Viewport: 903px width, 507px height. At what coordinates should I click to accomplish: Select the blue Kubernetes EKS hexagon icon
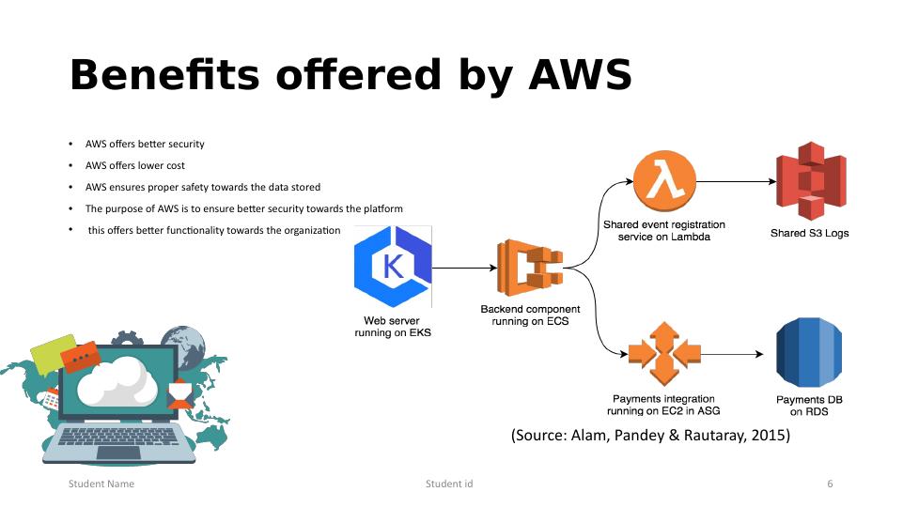click(393, 267)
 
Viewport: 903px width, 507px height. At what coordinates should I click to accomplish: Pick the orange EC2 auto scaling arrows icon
click(664, 355)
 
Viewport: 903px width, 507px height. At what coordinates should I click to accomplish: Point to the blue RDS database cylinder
click(808, 355)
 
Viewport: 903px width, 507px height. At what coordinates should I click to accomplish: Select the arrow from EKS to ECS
click(464, 268)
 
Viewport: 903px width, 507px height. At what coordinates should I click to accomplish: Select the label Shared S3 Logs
click(809, 233)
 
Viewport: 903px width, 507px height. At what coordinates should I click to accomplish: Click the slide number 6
click(830, 484)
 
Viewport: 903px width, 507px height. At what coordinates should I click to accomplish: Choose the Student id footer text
click(449, 484)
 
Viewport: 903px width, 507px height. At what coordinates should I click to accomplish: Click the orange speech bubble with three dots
click(80, 358)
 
